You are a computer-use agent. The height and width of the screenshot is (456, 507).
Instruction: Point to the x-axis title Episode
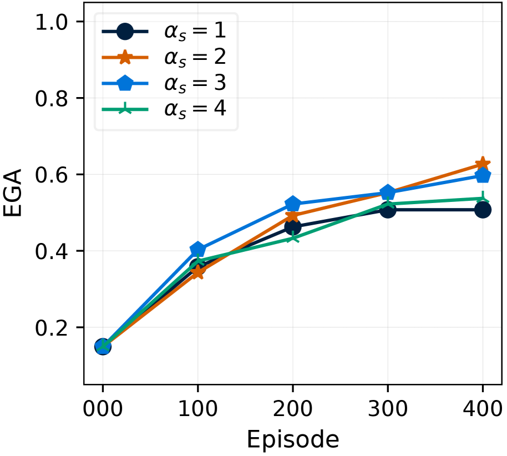click(x=293, y=439)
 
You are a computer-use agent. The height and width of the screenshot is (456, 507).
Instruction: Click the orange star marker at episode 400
click(x=483, y=164)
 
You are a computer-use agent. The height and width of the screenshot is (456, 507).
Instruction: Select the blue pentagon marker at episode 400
click(x=483, y=175)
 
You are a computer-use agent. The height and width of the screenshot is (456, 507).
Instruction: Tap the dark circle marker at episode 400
click(x=483, y=210)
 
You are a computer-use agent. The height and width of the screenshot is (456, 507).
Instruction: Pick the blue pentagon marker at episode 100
click(x=197, y=250)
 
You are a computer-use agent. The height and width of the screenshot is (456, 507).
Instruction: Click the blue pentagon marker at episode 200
click(x=293, y=204)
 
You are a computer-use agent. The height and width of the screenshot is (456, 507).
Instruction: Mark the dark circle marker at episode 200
click(x=293, y=227)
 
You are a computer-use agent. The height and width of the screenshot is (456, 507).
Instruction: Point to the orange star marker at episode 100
click(x=197, y=272)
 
